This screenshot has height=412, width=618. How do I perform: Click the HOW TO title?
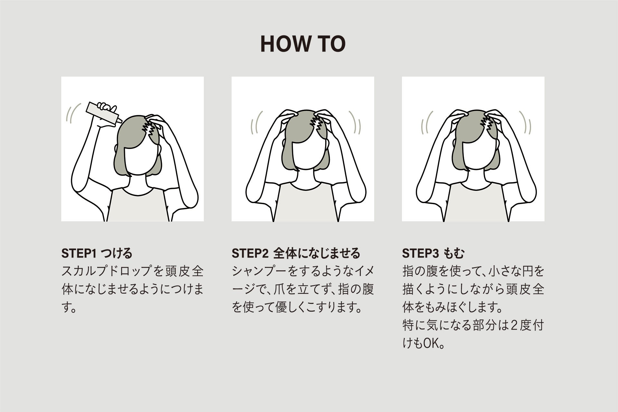pos(303,44)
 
